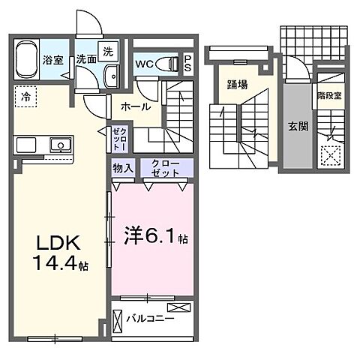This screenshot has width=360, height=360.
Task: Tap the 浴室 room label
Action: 52,59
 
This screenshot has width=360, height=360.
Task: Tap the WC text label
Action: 145,64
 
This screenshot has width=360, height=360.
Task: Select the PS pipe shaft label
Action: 188,63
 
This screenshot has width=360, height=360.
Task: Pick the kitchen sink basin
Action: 57,145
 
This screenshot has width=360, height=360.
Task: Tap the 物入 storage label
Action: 123,169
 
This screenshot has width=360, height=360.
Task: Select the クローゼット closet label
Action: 166,169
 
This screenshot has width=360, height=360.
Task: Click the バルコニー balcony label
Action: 151,319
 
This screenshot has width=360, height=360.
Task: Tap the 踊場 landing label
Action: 238,85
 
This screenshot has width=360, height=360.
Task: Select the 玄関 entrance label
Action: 298,125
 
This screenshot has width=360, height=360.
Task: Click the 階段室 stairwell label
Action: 329,95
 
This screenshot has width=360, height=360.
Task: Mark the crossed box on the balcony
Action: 179,307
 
